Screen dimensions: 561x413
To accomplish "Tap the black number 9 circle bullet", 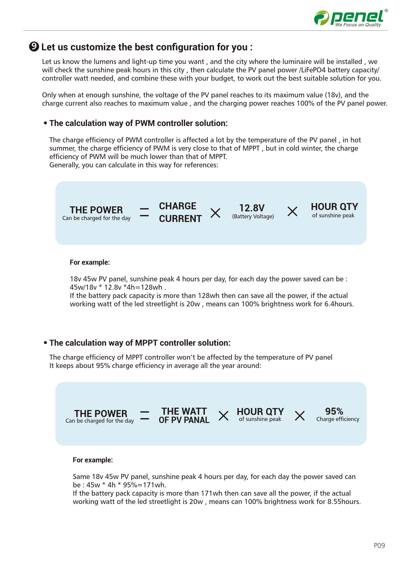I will click(x=34, y=47).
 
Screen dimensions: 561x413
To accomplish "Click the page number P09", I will click(x=379, y=545).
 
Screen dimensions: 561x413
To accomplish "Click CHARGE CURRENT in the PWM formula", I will click(x=180, y=212).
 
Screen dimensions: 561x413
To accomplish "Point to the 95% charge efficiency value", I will click(x=334, y=411).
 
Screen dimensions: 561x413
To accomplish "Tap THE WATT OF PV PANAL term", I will click(x=184, y=415).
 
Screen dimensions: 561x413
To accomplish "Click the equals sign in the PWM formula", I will click(x=144, y=212).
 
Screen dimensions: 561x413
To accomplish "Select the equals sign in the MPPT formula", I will click(x=145, y=415).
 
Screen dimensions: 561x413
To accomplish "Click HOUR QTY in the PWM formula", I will click(x=334, y=207).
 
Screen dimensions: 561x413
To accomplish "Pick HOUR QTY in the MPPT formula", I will click(x=260, y=412).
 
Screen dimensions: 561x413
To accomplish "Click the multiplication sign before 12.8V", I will click(x=215, y=213).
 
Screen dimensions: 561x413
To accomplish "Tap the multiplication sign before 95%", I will click(x=300, y=416).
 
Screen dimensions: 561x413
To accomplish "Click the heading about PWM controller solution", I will click(x=138, y=123).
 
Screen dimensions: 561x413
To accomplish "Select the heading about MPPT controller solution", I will click(x=140, y=343).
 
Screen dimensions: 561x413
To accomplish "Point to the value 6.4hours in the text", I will click(x=339, y=304).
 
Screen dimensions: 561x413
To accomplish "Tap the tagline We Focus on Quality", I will click(x=358, y=25).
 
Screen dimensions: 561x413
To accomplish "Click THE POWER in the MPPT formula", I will click(x=101, y=414).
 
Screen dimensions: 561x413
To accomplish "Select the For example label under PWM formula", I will click(x=90, y=262).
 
